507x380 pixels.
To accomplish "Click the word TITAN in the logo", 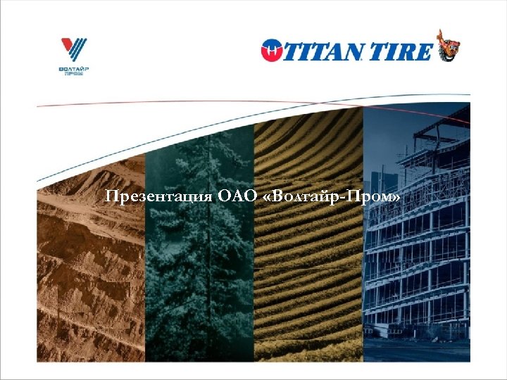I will coord(325,50).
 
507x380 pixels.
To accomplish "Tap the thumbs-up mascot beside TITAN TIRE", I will coord(448,46).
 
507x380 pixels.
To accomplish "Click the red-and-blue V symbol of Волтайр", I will coord(74,49).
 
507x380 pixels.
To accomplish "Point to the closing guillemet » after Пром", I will coord(397,196).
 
